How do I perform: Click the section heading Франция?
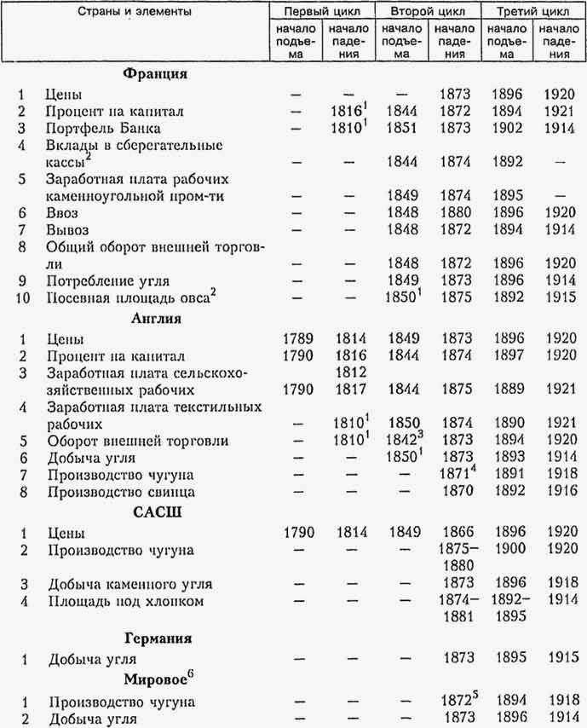point(154,73)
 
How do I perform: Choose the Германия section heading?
point(157,637)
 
